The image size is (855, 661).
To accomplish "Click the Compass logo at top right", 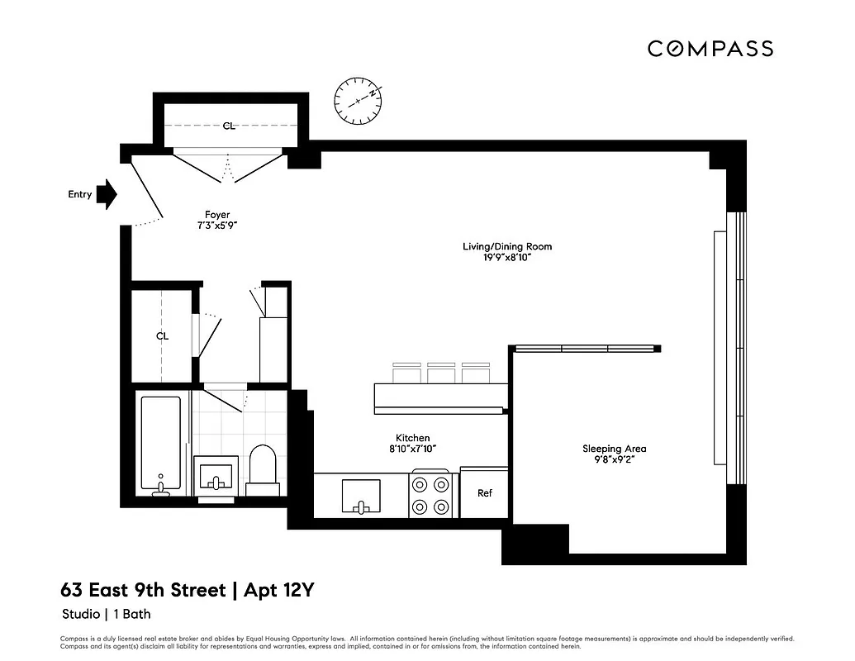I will coord(710,49).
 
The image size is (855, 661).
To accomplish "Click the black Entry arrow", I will coord(107,194).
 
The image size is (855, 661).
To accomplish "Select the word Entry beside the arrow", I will coord(79,194).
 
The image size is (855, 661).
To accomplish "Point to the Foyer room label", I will coord(217,215).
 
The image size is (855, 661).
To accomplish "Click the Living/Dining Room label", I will coord(506,246).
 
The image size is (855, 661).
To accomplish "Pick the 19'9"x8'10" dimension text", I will coord(506,257).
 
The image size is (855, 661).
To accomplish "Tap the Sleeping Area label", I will coord(614,449).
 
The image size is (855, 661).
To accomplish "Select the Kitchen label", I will coord(412,438).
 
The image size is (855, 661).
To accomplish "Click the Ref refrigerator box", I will coord(484,492).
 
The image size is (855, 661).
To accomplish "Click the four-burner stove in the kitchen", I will coord(430,494).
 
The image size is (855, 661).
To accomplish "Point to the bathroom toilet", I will coord(263,470).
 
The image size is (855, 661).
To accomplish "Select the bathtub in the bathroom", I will coord(159,445).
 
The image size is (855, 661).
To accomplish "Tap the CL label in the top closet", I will coord(229,126).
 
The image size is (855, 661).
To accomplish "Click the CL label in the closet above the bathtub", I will coord(162,336).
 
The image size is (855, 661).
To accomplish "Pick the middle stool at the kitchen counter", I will coord(439,373).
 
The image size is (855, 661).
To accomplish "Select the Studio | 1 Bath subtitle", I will coord(107,614).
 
